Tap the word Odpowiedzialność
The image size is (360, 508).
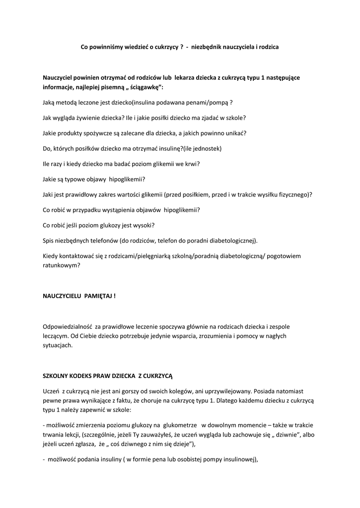69,327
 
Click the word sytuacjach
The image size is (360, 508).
58,345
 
